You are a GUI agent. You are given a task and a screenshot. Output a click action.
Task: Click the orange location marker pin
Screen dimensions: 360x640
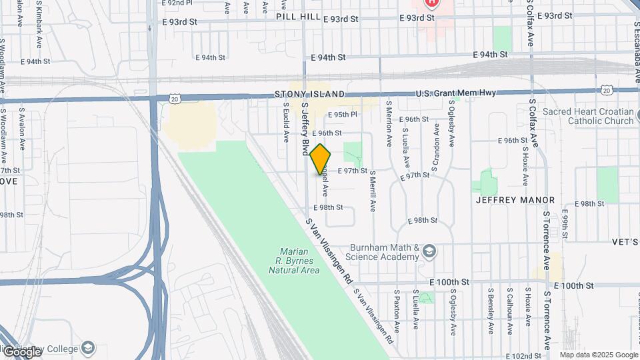point(320,159)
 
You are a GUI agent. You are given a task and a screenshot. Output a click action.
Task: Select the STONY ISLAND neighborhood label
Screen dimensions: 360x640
point(310,95)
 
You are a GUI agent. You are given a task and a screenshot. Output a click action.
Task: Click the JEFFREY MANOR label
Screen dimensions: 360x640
point(515,200)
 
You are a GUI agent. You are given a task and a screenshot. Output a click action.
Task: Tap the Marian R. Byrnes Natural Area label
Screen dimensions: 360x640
point(294,261)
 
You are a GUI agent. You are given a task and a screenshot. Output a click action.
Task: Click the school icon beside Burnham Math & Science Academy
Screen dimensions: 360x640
point(429,251)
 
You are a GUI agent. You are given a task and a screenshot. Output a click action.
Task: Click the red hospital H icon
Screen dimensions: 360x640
point(432,3)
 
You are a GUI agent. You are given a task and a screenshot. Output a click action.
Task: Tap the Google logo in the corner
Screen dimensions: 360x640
point(21,351)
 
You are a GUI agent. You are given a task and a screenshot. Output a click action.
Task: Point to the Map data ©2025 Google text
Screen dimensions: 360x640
point(598,355)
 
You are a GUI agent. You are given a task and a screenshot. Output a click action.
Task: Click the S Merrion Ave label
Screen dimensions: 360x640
point(389,123)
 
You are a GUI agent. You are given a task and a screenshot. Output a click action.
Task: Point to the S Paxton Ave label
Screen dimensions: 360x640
point(396,311)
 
